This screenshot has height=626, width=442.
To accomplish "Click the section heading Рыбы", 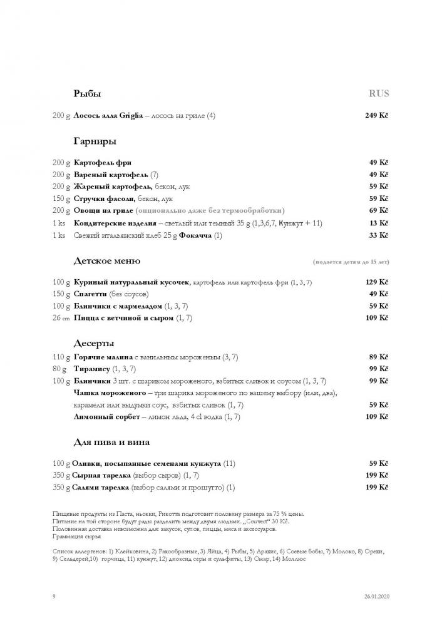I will [87, 94].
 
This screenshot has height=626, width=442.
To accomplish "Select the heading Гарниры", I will [95, 141].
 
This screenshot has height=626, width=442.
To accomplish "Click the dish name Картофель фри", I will [103, 163].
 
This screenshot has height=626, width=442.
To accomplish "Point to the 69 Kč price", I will [379, 210].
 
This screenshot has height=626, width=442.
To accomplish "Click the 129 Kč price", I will [377, 283].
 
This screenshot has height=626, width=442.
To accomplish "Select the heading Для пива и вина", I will [111, 443].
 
